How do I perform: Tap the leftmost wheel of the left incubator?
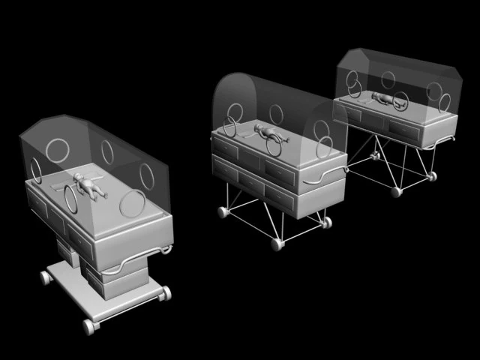point(46,277)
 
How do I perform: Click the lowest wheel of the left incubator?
point(89,327)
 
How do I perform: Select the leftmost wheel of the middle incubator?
point(223,212)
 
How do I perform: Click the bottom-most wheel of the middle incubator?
point(277,244)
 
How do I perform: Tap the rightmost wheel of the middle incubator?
point(326,222)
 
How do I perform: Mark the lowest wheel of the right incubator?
point(396,192)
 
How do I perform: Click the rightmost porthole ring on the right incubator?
point(434,91)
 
